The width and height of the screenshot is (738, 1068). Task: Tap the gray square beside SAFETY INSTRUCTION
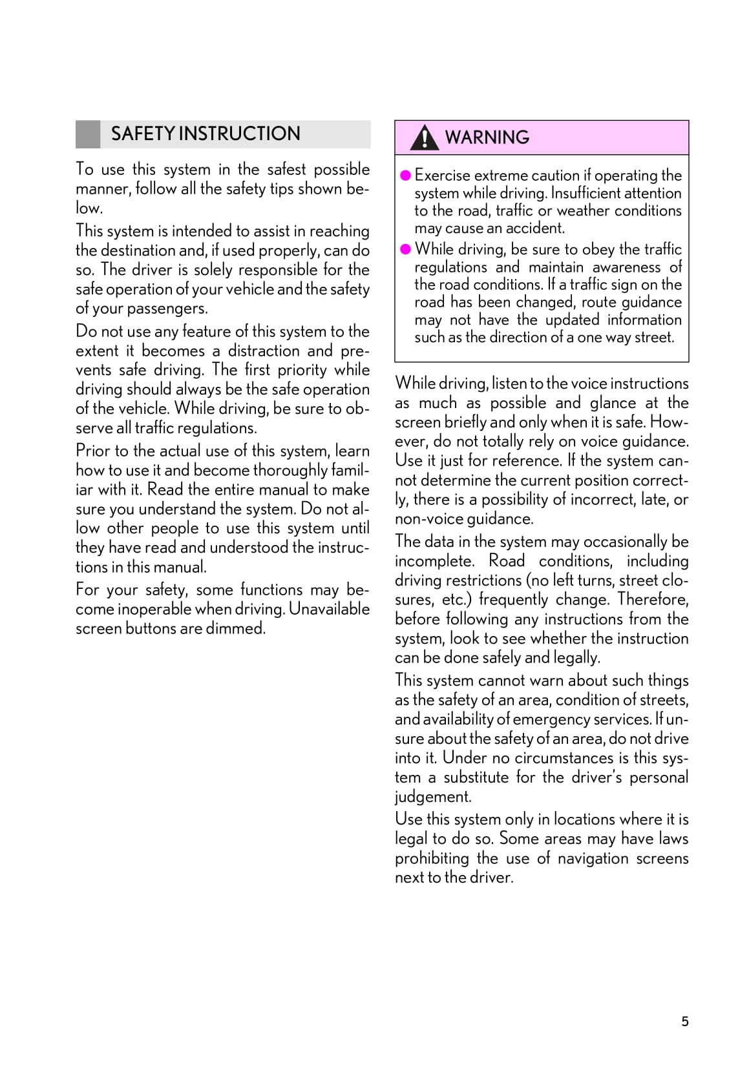point(88,134)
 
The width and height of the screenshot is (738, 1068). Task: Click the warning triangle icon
point(424,138)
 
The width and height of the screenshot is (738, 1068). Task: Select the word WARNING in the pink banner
point(487,138)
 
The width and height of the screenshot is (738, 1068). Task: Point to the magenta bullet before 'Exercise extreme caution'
point(406,176)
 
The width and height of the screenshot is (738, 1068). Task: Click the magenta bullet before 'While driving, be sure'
point(406,249)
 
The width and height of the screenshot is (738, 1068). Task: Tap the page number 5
point(685,1021)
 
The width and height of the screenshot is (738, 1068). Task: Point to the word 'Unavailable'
point(329,609)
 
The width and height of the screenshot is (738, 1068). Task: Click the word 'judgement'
point(433,797)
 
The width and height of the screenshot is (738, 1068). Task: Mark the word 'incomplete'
point(434,561)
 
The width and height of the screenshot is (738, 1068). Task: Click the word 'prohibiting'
point(432,858)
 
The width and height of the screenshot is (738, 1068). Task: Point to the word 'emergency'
point(549,719)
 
